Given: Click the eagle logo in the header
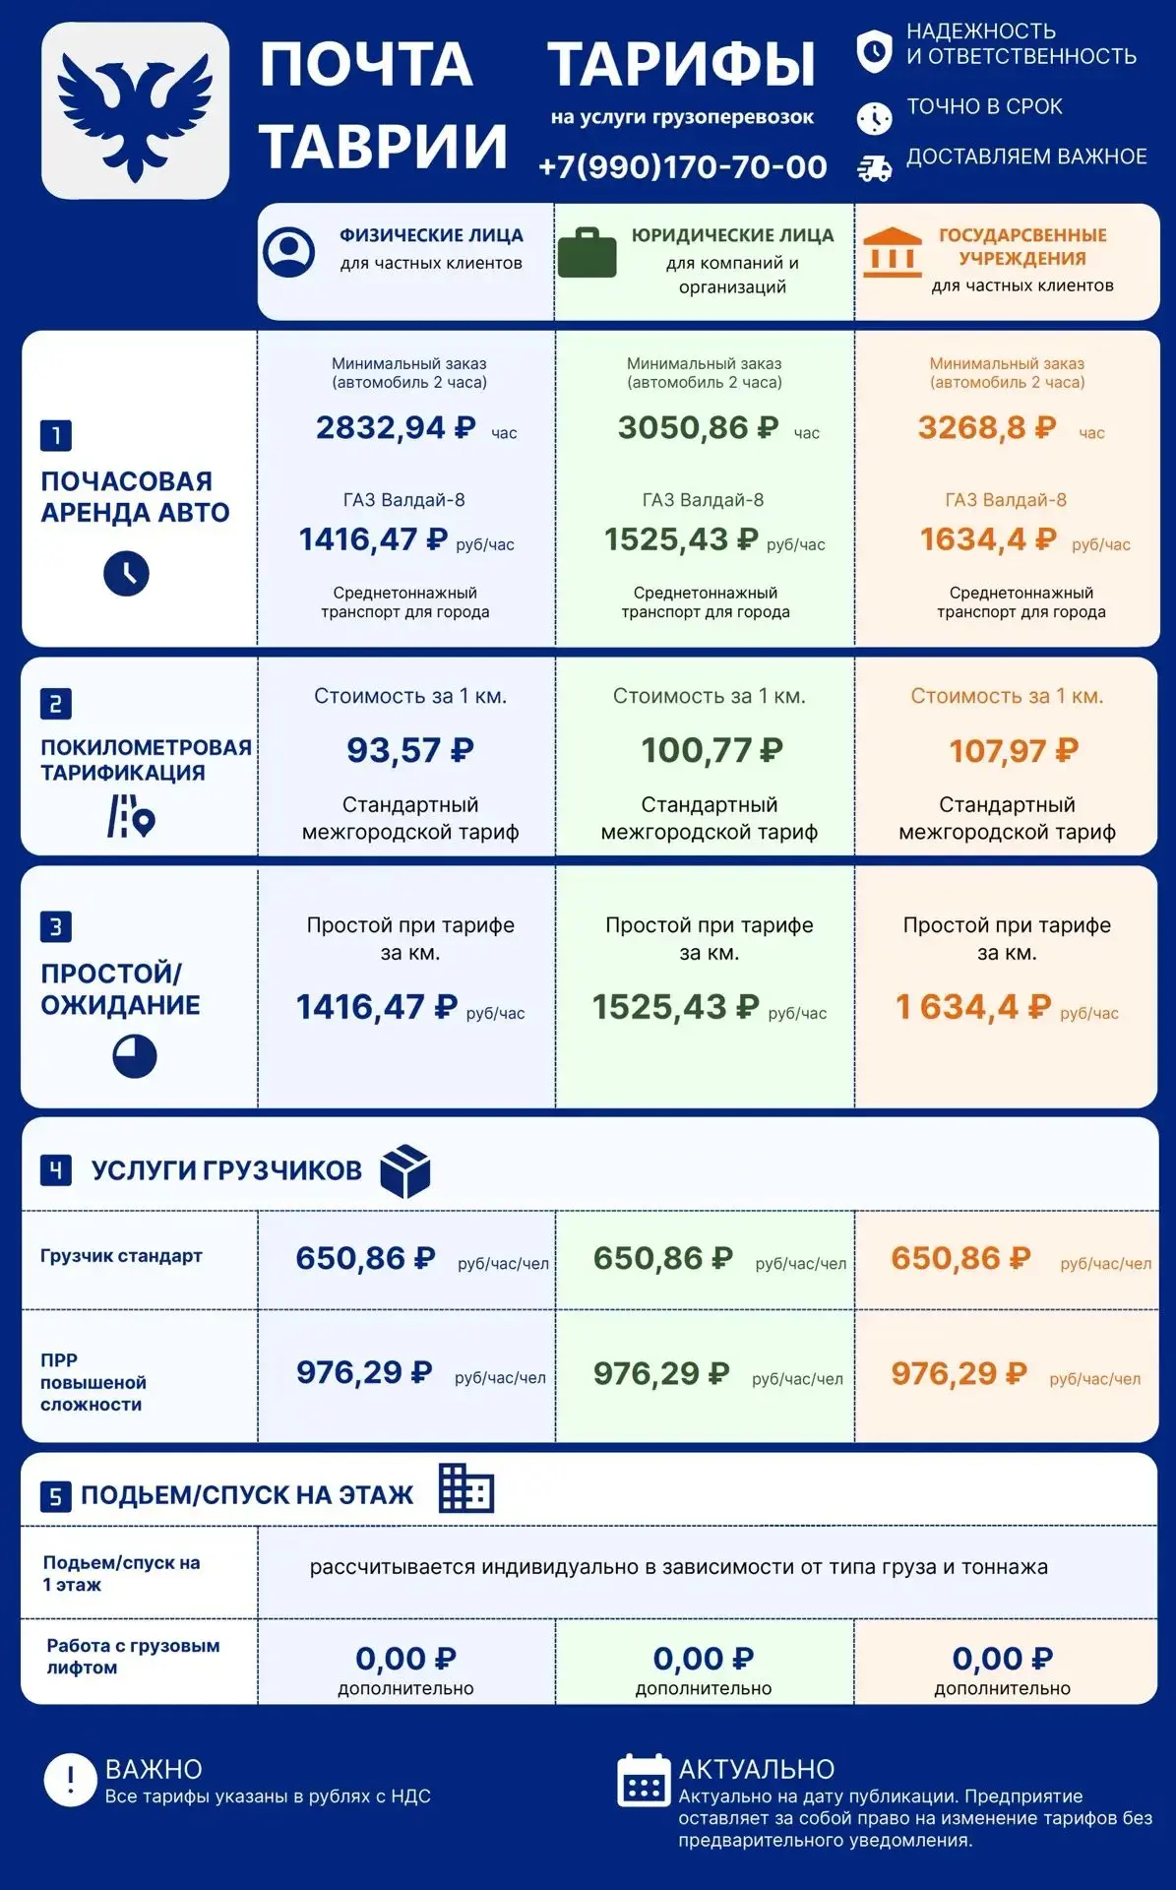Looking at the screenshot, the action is [x=135, y=110].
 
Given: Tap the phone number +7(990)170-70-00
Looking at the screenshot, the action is [x=682, y=166].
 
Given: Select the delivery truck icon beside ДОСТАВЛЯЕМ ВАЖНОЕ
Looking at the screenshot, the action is [x=874, y=168].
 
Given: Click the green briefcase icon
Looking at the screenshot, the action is [x=588, y=253].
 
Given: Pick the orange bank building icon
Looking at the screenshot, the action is [x=893, y=252].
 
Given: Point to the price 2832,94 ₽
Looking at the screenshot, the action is [x=396, y=427].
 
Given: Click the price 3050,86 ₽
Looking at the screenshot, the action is [x=698, y=427].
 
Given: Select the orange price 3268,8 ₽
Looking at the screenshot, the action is [x=987, y=427].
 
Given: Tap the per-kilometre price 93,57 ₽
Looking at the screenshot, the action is [x=409, y=750].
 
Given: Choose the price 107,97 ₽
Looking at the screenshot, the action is [x=1014, y=751].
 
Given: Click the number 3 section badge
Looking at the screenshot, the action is [x=55, y=926].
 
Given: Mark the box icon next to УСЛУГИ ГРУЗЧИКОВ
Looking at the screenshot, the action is [x=405, y=1171].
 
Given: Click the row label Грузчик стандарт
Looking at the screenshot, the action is [x=121, y=1255].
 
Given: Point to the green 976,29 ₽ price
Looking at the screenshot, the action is [x=661, y=1373].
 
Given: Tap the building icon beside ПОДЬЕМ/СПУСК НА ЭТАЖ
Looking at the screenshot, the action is [x=466, y=1487].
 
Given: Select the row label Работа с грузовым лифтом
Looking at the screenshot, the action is [x=133, y=1656].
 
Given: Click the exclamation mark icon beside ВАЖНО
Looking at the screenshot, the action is [x=70, y=1780].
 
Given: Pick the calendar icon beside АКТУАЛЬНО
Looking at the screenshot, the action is [x=644, y=1781].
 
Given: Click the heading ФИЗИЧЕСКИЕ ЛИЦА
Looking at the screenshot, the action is [x=431, y=235].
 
